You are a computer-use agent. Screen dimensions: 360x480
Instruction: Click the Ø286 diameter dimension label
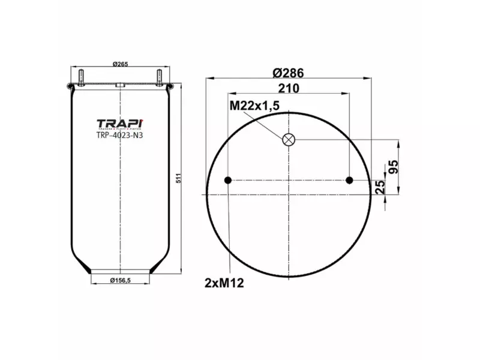[288, 73]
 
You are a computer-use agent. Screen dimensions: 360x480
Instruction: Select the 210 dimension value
[289, 88]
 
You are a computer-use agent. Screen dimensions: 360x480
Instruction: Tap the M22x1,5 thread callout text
[254, 106]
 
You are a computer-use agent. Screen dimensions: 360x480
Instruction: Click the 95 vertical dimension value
[394, 167]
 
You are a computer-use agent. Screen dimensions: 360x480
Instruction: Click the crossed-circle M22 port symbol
[289, 140]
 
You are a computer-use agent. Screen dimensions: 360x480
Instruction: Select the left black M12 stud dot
[227, 180]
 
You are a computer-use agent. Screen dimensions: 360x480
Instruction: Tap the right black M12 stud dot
[350, 180]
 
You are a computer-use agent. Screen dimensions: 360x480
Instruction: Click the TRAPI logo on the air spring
[119, 124]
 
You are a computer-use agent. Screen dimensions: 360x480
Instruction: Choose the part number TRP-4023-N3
[119, 135]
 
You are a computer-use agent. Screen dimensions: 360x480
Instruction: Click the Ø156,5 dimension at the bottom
[121, 280]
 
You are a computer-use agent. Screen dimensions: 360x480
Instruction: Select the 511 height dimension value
[178, 178]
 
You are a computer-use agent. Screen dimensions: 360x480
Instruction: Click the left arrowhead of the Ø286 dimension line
[206, 78]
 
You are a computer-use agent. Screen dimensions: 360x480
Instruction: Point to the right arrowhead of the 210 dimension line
[347, 94]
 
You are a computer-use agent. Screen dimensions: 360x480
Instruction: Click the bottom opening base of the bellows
[120, 269]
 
